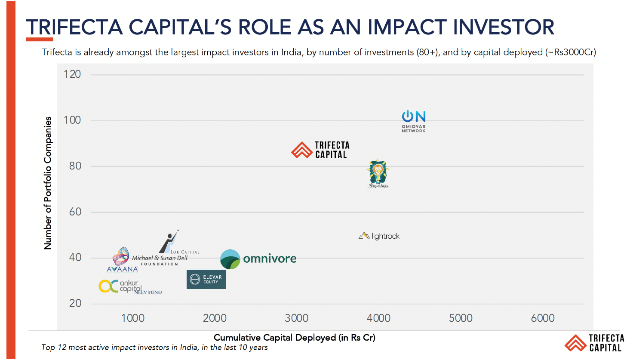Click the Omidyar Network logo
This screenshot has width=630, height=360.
click(414, 121)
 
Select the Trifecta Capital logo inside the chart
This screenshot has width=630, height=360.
click(321, 150)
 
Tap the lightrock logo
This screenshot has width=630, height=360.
click(379, 236)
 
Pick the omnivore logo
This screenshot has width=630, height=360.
click(258, 259)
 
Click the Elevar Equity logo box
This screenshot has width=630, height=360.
click(206, 280)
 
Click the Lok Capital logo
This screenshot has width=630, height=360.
click(176, 243)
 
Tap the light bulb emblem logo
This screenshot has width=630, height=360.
click(378, 173)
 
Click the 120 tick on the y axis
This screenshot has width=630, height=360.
click(72, 74)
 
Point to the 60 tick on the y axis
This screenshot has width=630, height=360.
click(75, 212)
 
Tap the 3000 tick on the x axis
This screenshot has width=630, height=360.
click(297, 318)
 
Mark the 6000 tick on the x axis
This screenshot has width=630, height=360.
click(543, 318)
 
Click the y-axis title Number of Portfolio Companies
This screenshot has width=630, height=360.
click(48, 183)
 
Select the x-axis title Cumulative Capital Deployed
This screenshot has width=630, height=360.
click(295, 338)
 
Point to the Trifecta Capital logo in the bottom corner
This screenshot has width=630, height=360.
click(594, 343)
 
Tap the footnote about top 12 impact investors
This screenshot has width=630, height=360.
click(154, 348)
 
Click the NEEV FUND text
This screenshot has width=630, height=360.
click(148, 292)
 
